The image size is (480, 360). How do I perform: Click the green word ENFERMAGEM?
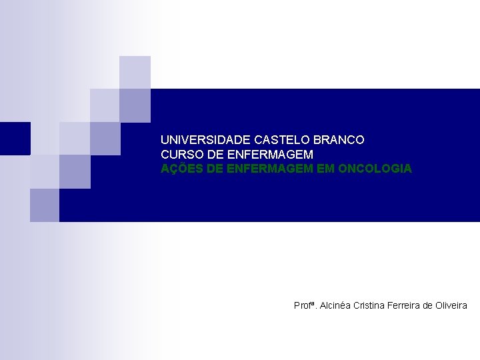click(270, 169)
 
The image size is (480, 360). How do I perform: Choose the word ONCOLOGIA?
click(375, 169)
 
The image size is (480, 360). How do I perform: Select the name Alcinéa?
click(337, 305)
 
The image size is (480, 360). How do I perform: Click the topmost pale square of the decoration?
click(135, 72)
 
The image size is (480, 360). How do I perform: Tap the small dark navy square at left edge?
click(15, 138)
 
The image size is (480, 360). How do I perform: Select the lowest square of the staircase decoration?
click(45, 205)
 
